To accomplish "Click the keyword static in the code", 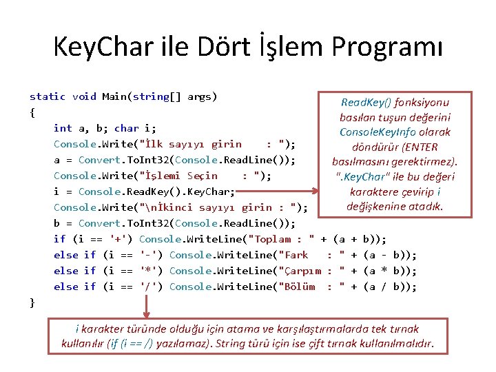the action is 48,96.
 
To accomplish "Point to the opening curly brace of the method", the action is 32,112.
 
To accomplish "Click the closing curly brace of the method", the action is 32,302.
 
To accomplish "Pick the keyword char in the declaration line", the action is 126,128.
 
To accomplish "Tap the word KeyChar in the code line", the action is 211,192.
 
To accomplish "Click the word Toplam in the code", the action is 273,239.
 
